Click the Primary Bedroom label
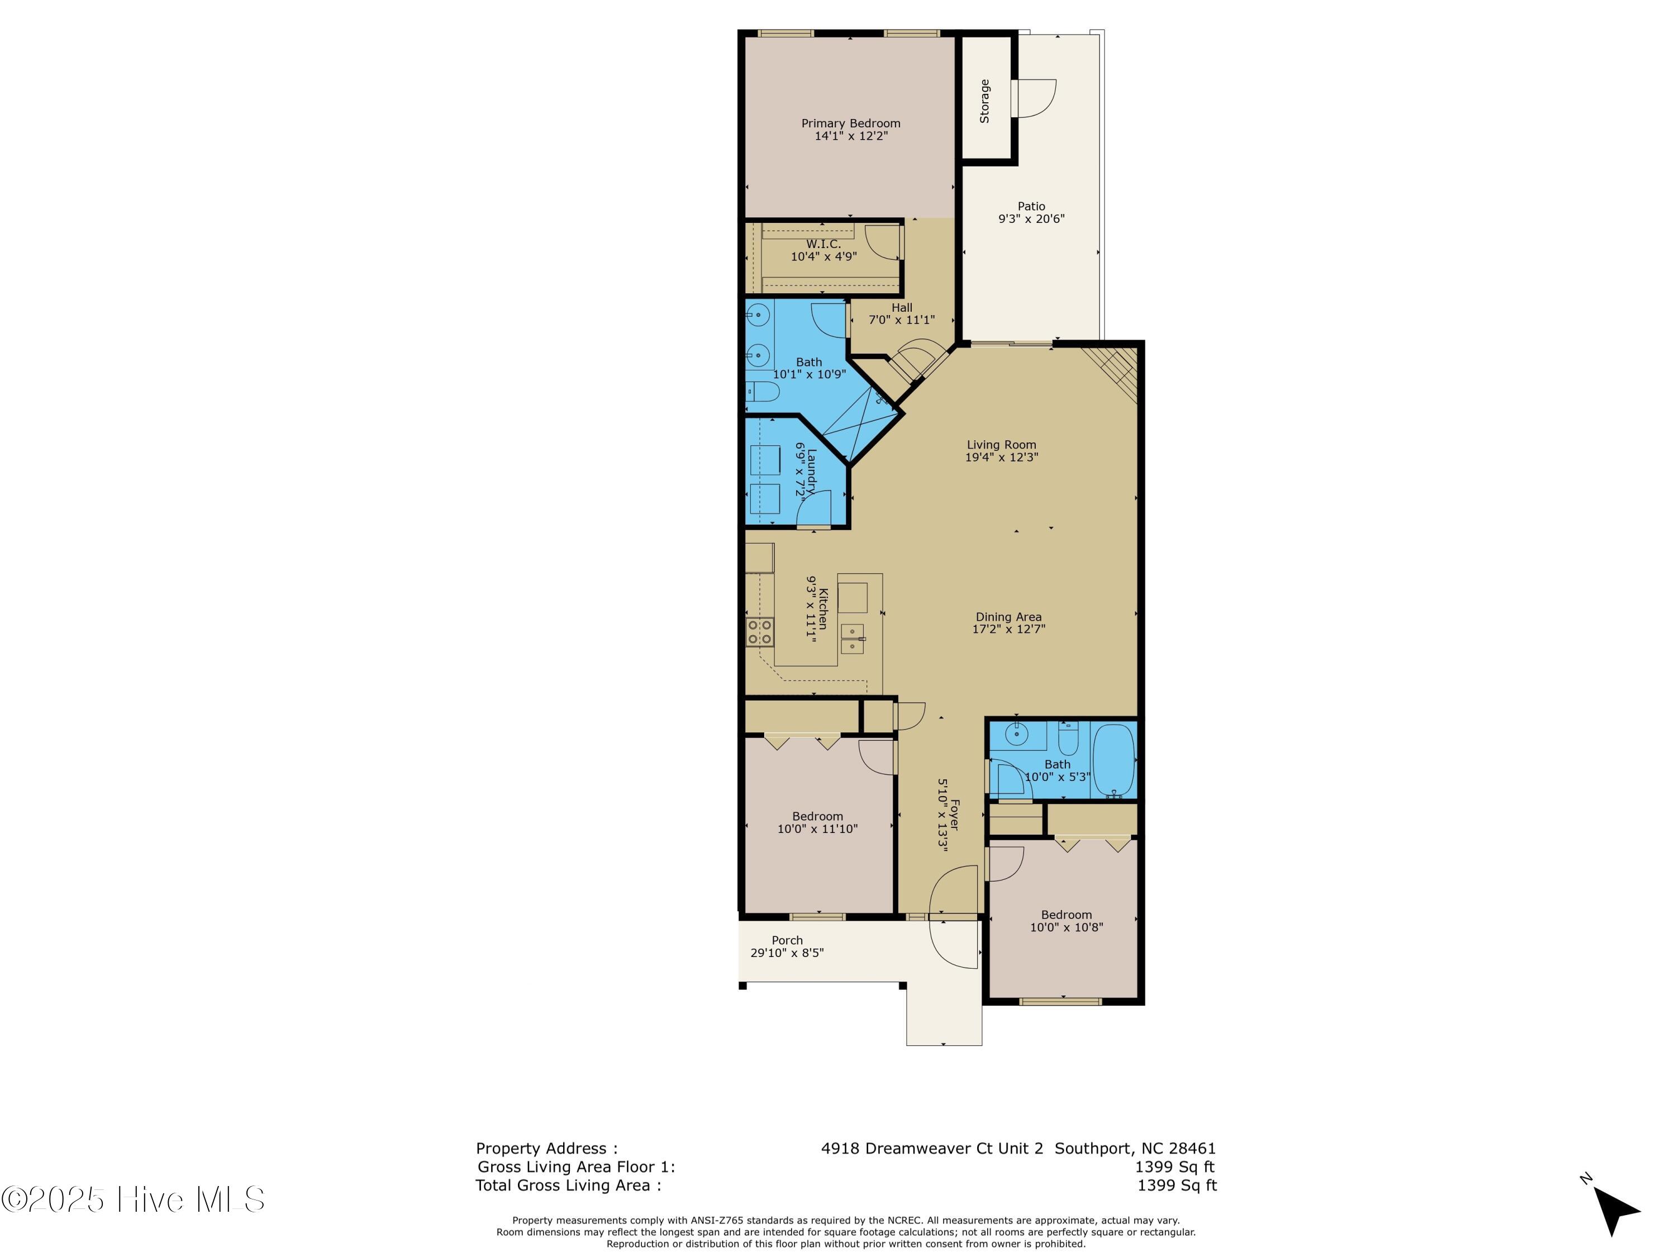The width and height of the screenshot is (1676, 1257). [x=851, y=123]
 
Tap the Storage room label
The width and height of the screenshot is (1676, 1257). [x=984, y=102]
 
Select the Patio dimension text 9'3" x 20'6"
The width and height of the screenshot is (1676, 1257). [x=1031, y=219]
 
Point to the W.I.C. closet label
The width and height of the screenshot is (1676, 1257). [x=823, y=244]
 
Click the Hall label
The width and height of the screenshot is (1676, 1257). [x=902, y=308]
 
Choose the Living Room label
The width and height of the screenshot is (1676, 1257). [x=1001, y=445]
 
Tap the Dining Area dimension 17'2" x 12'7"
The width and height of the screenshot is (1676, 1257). [x=1008, y=629]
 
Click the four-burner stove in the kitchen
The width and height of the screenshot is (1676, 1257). [x=760, y=632]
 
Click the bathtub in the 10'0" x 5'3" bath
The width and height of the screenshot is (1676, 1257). [x=1114, y=759]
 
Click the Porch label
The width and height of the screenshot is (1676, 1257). [x=787, y=940]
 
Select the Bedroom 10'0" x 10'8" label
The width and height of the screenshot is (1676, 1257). [x=1066, y=915]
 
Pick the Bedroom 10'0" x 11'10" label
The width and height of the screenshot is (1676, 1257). [x=817, y=816]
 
